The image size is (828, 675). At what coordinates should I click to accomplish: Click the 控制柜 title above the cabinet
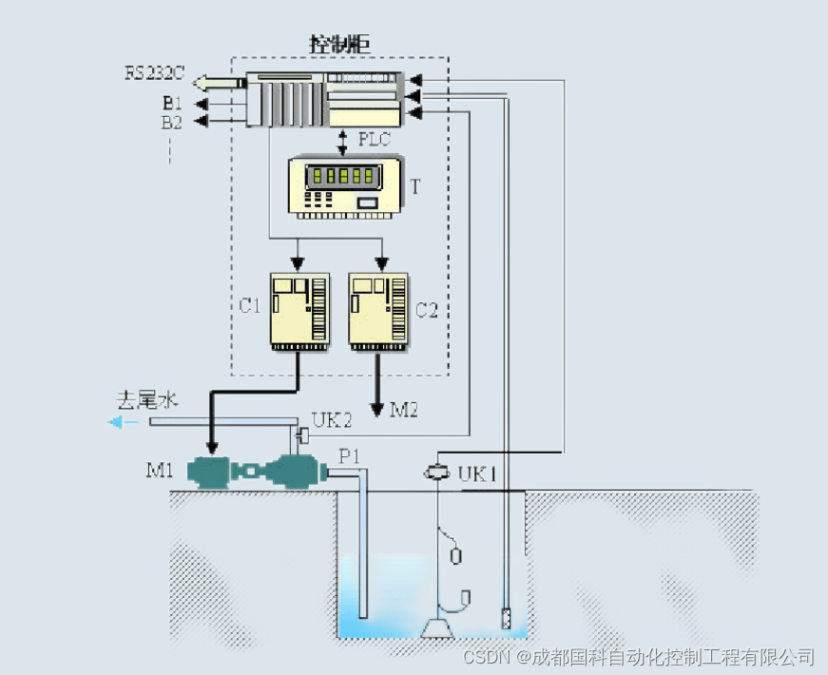[x=339, y=44]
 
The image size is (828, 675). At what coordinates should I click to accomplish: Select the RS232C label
[x=156, y=73]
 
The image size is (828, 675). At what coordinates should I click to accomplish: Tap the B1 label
[x=172, y=103]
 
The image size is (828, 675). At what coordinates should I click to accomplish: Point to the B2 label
[x=172, y=122]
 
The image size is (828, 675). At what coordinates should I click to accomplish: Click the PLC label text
[x=375, y=139]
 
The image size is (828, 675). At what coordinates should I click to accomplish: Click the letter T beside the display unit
[x=414, y=186]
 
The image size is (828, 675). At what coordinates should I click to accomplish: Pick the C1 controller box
[x=299, y=308]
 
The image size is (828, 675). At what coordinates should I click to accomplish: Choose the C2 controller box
[x=379, y=308]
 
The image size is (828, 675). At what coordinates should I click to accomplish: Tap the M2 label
[x=404, y=410]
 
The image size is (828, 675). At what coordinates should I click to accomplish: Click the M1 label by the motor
[x=160, y=471]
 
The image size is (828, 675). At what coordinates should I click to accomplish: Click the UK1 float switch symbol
[x=436, y=472]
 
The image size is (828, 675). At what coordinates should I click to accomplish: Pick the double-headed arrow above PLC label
[x=343, y=140]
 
